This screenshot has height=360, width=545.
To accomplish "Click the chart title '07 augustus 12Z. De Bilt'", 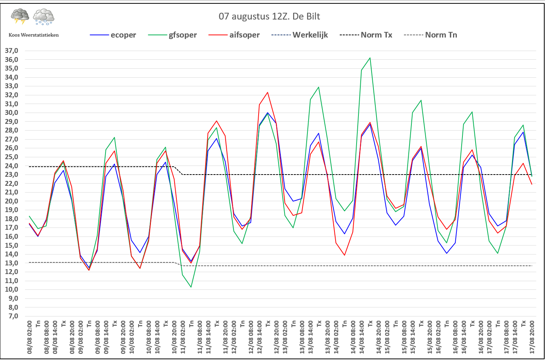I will coord(269,17).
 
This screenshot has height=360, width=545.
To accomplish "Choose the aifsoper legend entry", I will coord(244,35).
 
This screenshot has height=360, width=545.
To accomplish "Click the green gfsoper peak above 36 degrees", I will coord(370,58).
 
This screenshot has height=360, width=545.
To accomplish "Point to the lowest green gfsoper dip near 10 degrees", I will coord(191,287).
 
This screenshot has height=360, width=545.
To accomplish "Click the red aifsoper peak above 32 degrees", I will coord(268,92).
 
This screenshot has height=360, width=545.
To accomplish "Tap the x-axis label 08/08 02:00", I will coord(30,337).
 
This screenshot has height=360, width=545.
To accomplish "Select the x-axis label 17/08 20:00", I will coord(532,337).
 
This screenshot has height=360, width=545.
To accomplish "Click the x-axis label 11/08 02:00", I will coord(183,337).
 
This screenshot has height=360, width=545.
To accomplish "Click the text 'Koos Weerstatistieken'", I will coord(34,35).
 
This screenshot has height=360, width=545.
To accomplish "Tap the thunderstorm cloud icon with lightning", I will coord(20,17).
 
